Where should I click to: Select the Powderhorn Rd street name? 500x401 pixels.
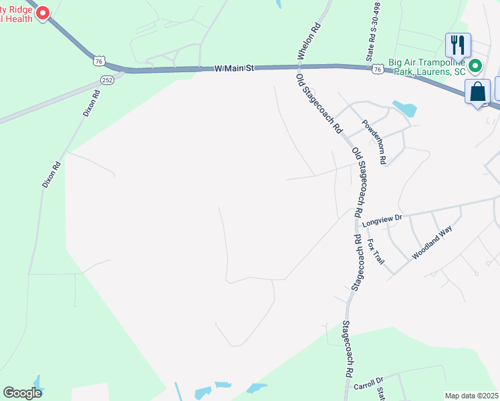pos(374,142)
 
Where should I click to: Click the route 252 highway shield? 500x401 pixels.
pos(107,80)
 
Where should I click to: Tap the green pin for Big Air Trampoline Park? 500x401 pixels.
pos(476,66)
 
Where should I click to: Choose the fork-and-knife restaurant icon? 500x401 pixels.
pos(458,45)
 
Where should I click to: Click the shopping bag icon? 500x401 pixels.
pos(478,92)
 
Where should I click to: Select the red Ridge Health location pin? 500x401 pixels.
pos(43,13)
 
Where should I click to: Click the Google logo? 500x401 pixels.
pos(22,393)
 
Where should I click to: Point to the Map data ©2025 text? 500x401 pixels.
pos(471,396)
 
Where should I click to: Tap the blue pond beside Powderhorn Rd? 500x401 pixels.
pos(404,107)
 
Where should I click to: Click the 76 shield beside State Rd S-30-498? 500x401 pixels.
pos(378,69)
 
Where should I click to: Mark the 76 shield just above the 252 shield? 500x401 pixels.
pos(99,61)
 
